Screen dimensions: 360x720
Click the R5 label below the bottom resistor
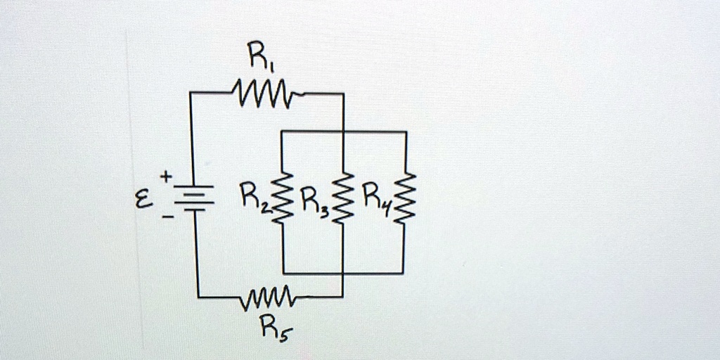click(271, 326)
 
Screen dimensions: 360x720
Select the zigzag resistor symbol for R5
click(268, 297)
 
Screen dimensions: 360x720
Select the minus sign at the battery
click(167, 218)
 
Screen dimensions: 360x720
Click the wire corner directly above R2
click(283, 131)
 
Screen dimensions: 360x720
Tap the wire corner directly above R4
click(406, 132)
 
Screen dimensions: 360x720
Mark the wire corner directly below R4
click(403, 273)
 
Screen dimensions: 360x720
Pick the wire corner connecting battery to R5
click(198, 297)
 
